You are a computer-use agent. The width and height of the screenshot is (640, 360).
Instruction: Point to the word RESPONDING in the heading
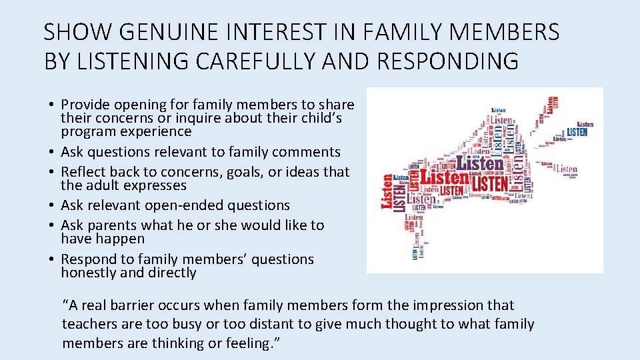point(447,61)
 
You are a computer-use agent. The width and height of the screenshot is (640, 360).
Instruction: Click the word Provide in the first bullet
point(86,105)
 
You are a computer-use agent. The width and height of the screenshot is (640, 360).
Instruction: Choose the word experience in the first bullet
point(157,131)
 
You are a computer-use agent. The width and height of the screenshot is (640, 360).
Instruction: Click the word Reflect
point(85,172)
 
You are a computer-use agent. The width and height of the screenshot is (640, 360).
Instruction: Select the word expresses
point(155,185)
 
